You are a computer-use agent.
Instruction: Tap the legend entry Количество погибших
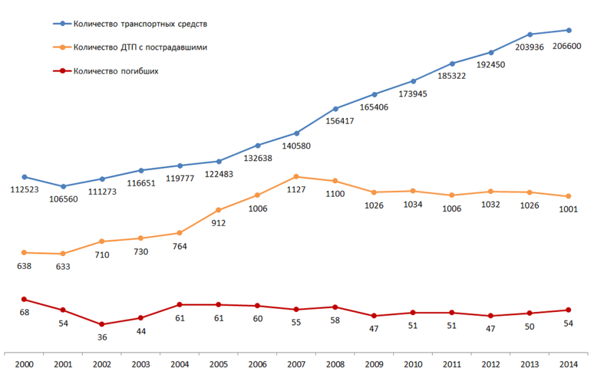coord(116,71)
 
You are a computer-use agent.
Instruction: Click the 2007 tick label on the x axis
coord(296,365)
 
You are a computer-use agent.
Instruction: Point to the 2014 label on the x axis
coord(568,365)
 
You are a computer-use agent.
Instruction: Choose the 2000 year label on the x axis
coord(24,365)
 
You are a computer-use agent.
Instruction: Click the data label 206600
coord(566,46)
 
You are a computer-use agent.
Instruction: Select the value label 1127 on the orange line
coord(296,190)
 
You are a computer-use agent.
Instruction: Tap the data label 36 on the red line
coord(102,337)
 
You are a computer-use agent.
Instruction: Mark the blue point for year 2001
coord(63,186)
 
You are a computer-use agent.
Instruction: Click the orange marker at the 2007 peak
coord(296,177)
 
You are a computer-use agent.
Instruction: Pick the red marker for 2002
coord(102,324)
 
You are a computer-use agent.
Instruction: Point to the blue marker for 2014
coord(568,30)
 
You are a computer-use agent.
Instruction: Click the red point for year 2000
coord(24,299)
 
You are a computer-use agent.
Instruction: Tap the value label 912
coord(218,223)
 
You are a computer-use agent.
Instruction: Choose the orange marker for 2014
coord(568,196)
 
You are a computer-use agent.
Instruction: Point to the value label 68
coord(25,313)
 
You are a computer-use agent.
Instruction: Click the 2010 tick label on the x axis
coord(413,365)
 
